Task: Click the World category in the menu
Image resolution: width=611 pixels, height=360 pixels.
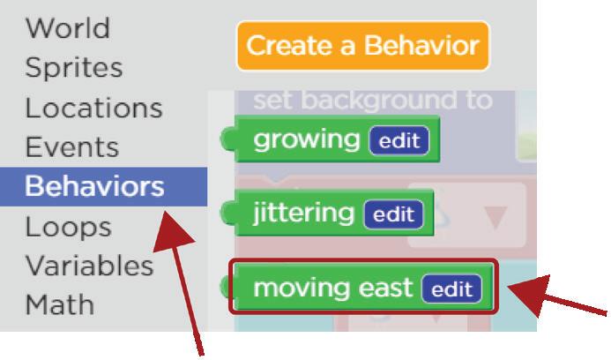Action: [x=67, y=28]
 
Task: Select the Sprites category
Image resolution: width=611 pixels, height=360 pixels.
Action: [x=73, y=68]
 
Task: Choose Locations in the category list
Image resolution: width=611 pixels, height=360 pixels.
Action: [x=93, y=108]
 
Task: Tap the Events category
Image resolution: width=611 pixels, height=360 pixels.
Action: [x=71, y=146]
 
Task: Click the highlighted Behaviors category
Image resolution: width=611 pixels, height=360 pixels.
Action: [x=94, y=186]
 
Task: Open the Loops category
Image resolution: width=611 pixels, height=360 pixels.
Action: [x=68, y=227]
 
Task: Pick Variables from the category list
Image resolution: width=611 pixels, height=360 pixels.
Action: [x=89, y=266]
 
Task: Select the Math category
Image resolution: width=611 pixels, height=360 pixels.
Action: [x=59, y=305]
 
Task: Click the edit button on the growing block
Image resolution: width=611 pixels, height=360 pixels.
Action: [x=399, y=140]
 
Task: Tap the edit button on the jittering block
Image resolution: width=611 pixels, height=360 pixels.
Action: [x=393, y=214]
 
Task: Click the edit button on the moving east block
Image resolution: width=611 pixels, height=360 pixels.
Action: [x=451, y=289]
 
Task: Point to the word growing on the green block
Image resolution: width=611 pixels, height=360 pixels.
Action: [x=306, y=139]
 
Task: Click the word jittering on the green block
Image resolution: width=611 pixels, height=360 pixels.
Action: [x=303, y=214]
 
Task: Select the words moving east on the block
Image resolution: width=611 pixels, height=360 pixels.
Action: [x=333, y=288]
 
